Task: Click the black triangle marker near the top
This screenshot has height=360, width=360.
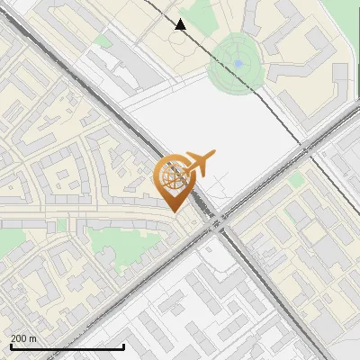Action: [x=181, y=24]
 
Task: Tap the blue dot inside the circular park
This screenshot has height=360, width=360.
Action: [x=238, y=63]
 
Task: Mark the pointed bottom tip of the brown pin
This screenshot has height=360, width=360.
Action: [x=174, y=211]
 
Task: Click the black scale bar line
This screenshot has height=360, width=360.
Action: [x=67, y=346]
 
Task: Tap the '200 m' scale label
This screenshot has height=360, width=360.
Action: [x=24, y=337]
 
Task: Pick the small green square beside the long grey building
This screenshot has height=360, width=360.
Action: [x=297, y=180]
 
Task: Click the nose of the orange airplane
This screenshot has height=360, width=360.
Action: [x=214, y=156]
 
